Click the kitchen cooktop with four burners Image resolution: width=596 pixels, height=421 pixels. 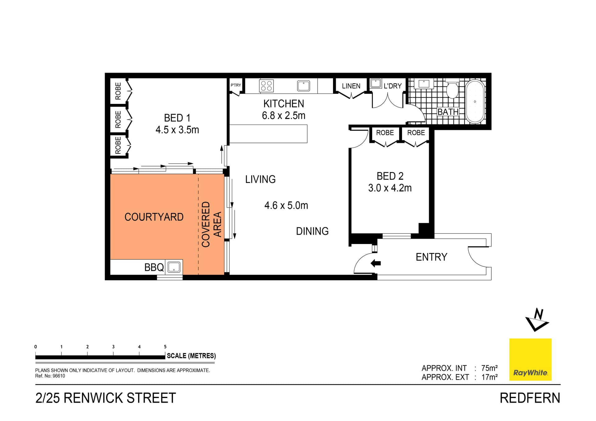pyautogui.click(x=266, y=86)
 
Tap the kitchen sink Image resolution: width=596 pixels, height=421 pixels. pyautogui.click(x=303, y=86)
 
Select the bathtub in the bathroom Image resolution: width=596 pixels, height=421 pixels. pyautogui.click(x=475, y=101)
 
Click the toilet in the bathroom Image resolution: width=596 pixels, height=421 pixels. pyautogui.click(x=452, y=90)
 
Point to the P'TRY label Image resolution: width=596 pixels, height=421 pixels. pyautogui.click(x=236, y=85)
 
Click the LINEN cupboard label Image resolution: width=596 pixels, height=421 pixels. pyautogui.click(x=351, y=86)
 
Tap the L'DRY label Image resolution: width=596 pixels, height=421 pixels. pyautogui.click(x=393, y=86)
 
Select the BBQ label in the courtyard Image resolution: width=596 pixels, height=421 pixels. pyautogui.click(x=154, y=267)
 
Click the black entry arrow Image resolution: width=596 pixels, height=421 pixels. pyautogui.click(x=376, y=263)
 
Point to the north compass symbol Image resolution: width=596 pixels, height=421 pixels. pyautogui.click(x=537, y=320)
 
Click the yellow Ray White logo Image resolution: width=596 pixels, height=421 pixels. pyautogui.click(x=530, y=359)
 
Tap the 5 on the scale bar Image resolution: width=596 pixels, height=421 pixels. pyautogui.click(x=165, y=347)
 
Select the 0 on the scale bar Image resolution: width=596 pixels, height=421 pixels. pyautogui.click(x=36, y=347)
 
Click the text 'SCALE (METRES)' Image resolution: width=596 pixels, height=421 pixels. pyautogui.click(x=191, y=356)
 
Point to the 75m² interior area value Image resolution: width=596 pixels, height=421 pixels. pyautogui.click(x=489, y=368)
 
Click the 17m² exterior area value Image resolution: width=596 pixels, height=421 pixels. pyautogui.click(x=489, y=377)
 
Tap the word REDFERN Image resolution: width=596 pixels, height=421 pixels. pyautogui.click(x=530, y=398)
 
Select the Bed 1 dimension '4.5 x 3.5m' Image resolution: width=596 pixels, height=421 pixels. pyautogui.click(x=177, y=130)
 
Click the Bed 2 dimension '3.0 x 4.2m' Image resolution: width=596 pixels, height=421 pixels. pyautogui.click(x=390, y=188)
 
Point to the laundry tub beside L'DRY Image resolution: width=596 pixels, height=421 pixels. pyautogui.click(x=376, y=83)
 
